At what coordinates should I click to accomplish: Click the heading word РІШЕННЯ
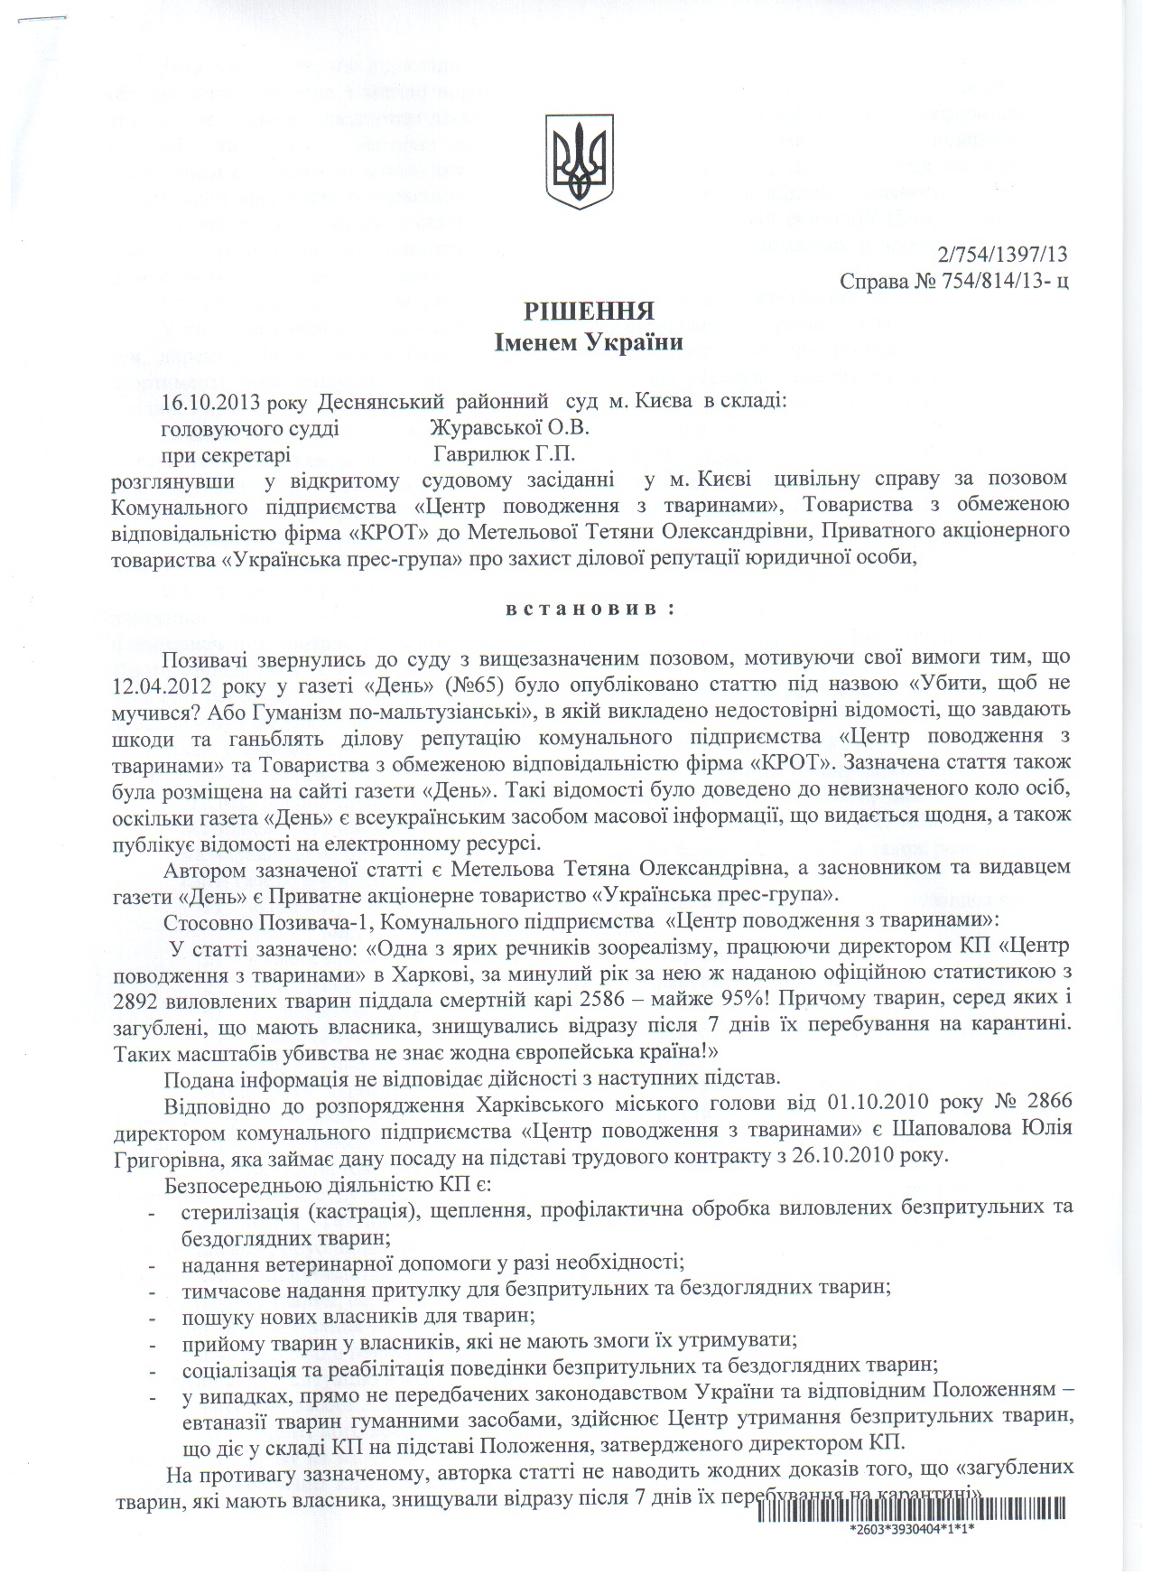589,312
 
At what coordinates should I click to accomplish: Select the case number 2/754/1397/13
1003,256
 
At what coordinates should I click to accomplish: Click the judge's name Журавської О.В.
509,426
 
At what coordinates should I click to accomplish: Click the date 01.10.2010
876,1105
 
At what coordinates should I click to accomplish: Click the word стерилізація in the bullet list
236,1208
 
